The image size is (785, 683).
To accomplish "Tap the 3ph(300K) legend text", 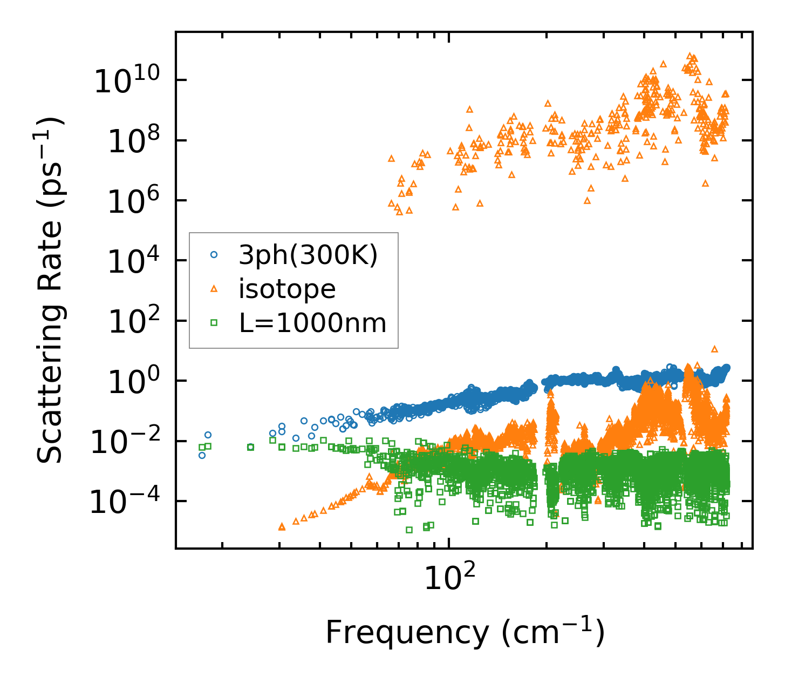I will click(308, 255).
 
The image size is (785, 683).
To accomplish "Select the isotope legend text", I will click(287, 289).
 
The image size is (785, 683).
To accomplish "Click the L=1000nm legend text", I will click(312, 323).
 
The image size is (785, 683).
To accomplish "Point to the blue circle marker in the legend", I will click(214, 255).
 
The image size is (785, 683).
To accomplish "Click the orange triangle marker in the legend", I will click(214, 289).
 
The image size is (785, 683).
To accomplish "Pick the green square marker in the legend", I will click(214, 323).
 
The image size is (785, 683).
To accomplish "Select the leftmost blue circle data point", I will click(202, 455).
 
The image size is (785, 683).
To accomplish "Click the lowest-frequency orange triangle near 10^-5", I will click(282, 526).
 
